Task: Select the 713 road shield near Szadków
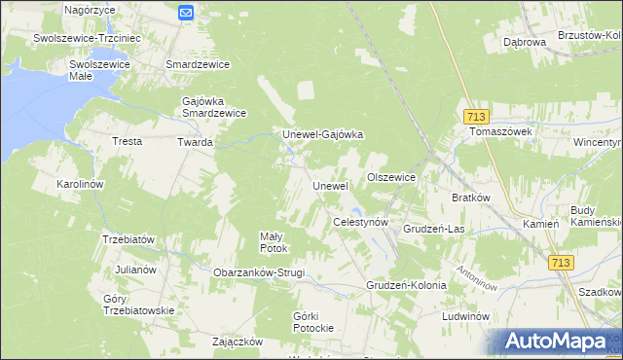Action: pos(561,263)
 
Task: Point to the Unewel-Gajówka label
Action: pos(322,135)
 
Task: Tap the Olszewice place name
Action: pos(391,178)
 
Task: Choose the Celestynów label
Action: pos(361,223)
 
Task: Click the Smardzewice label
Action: pos(198,65)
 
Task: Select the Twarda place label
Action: pos(194,142)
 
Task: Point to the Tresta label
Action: pos(128,142)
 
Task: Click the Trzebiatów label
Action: pos(128,239)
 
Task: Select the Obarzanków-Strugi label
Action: pos(259,272)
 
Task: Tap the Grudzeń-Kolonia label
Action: pos(406,286)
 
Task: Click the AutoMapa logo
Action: pos(558,342)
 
